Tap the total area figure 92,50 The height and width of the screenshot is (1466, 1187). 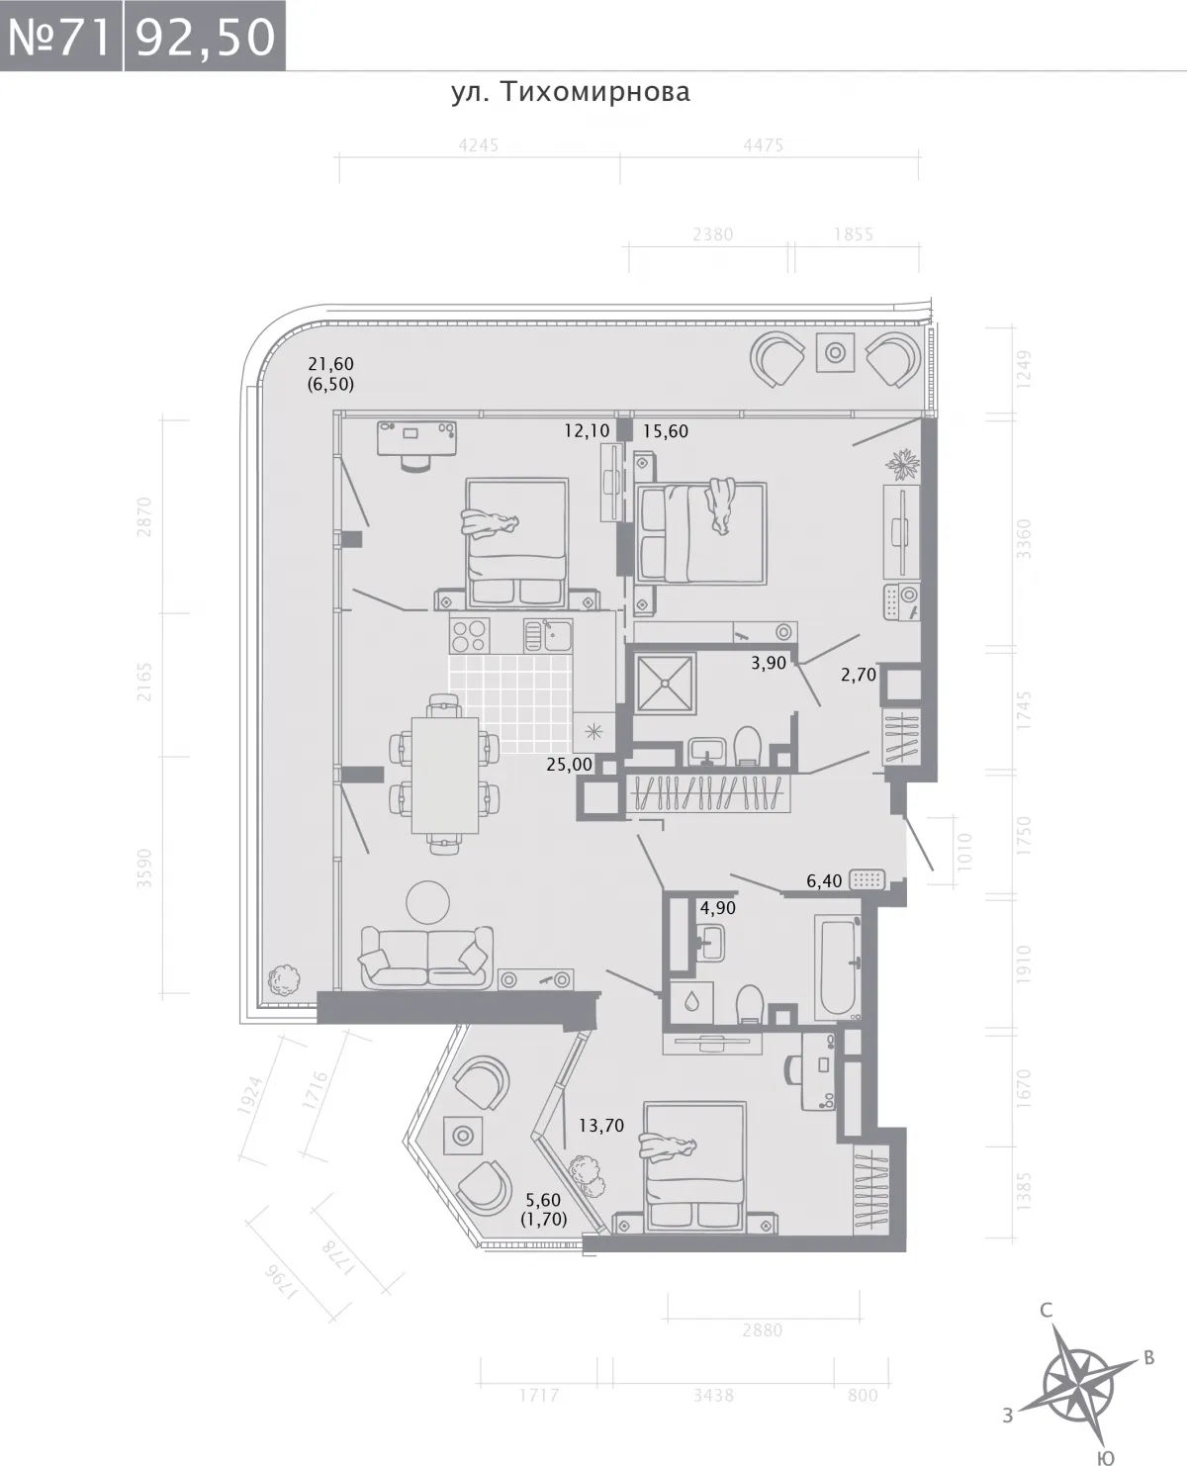205,37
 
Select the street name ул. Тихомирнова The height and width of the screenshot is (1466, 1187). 571,92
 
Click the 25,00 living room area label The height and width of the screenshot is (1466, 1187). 569,764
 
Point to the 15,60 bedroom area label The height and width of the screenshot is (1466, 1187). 666,431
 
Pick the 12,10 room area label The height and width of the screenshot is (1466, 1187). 587,431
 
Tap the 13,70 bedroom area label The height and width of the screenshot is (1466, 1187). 601,1126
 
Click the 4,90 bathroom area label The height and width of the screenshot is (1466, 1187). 718,908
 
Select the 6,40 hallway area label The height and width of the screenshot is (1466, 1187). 824,881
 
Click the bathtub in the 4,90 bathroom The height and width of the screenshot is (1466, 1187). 838,966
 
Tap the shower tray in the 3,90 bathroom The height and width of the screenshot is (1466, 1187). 665,684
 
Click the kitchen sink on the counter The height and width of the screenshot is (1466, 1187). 548,635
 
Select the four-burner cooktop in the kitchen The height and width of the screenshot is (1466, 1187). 469,635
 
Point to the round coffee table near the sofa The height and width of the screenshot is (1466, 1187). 428,902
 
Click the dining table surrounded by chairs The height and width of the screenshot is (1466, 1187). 445,775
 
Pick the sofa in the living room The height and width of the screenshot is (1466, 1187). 427,958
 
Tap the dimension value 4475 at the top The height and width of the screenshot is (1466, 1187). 763,146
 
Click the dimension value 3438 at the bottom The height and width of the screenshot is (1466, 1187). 713,1395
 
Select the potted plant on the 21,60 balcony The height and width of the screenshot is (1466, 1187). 284,980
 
